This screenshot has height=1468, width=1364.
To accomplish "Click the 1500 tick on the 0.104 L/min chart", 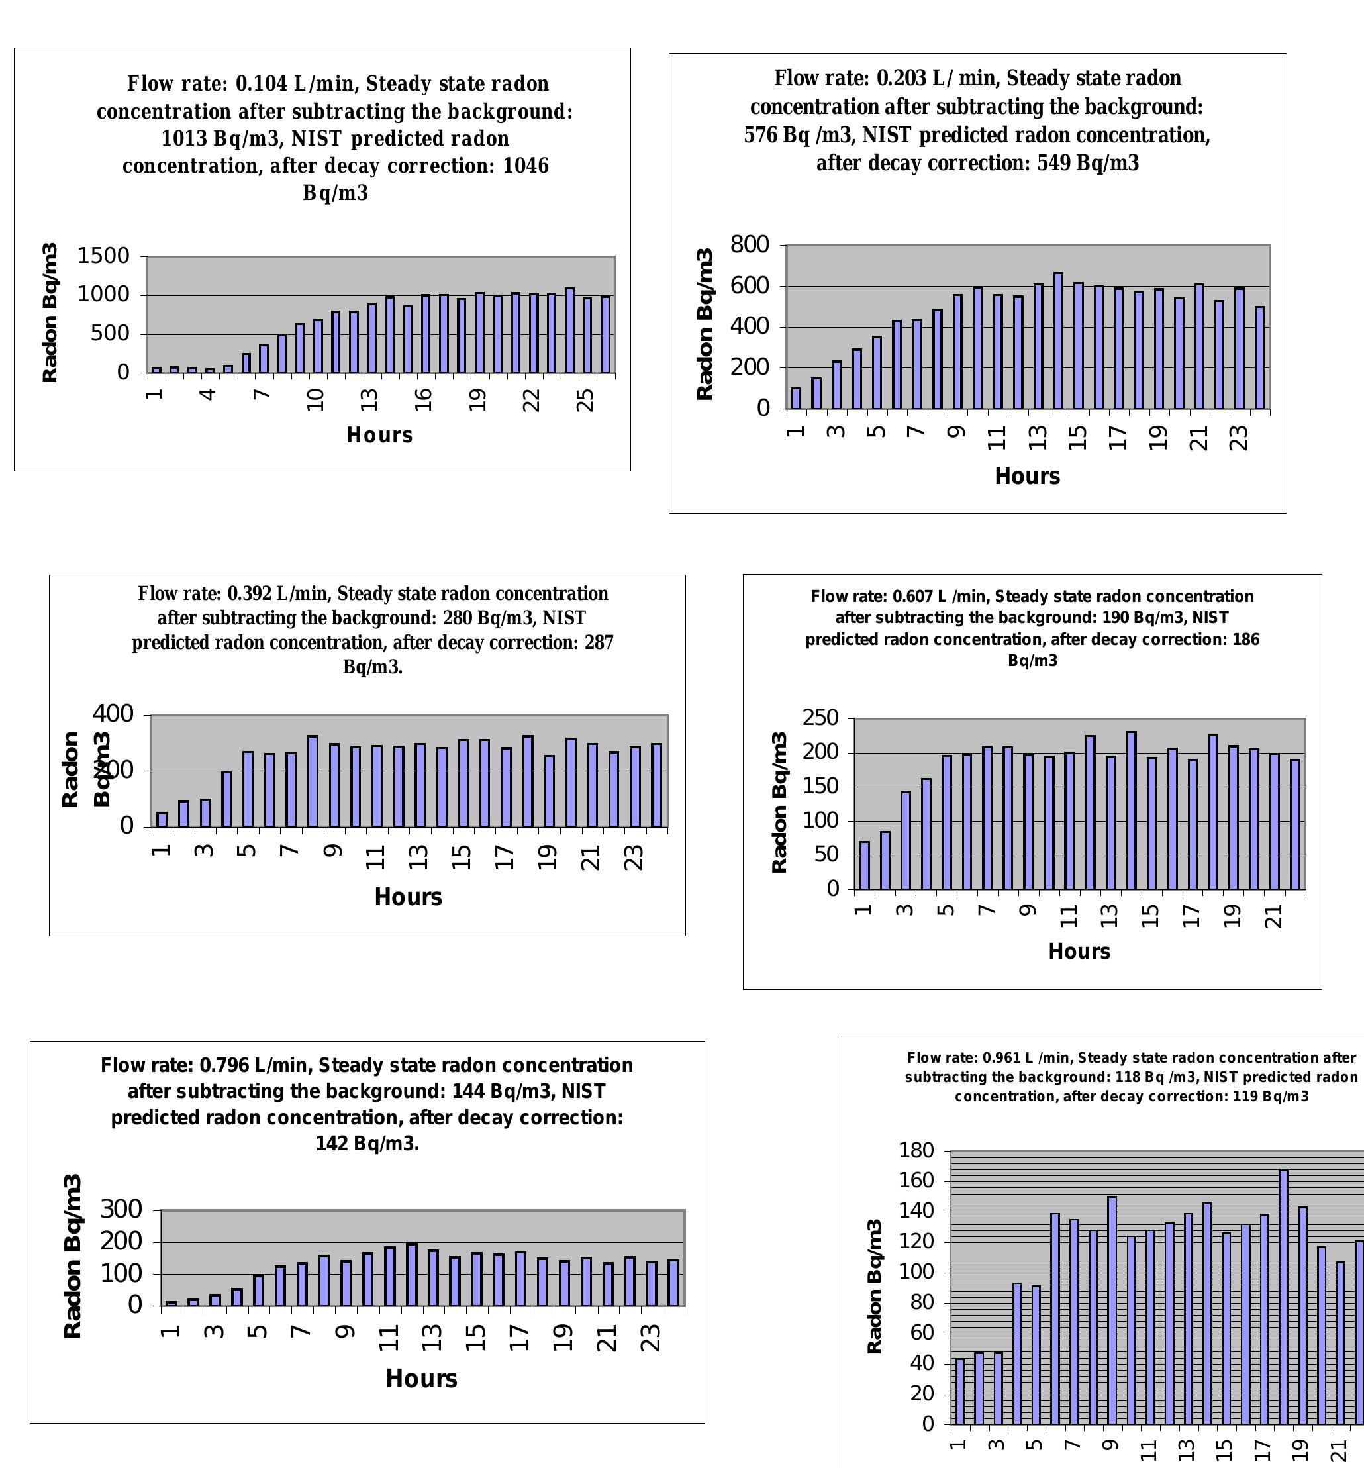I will (x=103, y=256).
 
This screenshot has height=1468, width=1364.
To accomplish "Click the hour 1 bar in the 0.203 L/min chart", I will (x=796, y=399).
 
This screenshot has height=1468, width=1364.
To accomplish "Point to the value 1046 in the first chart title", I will (x=526, y=166).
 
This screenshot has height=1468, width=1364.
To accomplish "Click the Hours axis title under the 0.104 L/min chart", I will (x=379, y=435).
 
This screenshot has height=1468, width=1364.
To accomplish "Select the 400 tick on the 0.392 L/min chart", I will (x=113, y=714).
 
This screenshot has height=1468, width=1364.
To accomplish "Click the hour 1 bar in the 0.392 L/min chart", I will (x=162, y=819).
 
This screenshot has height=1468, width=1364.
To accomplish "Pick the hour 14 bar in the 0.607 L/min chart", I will (x=1131, y=810).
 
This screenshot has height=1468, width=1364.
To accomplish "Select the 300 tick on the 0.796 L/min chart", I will (x=121, y=1209).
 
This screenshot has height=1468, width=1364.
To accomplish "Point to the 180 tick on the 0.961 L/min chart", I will (x=916, y=1151).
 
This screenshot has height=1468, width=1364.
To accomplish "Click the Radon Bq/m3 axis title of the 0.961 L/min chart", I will (x=874, y=1287).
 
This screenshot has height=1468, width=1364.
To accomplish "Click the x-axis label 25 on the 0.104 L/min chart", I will (x=585, y=400).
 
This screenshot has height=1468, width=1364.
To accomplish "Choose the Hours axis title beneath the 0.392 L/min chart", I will (x=408, y=897).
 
